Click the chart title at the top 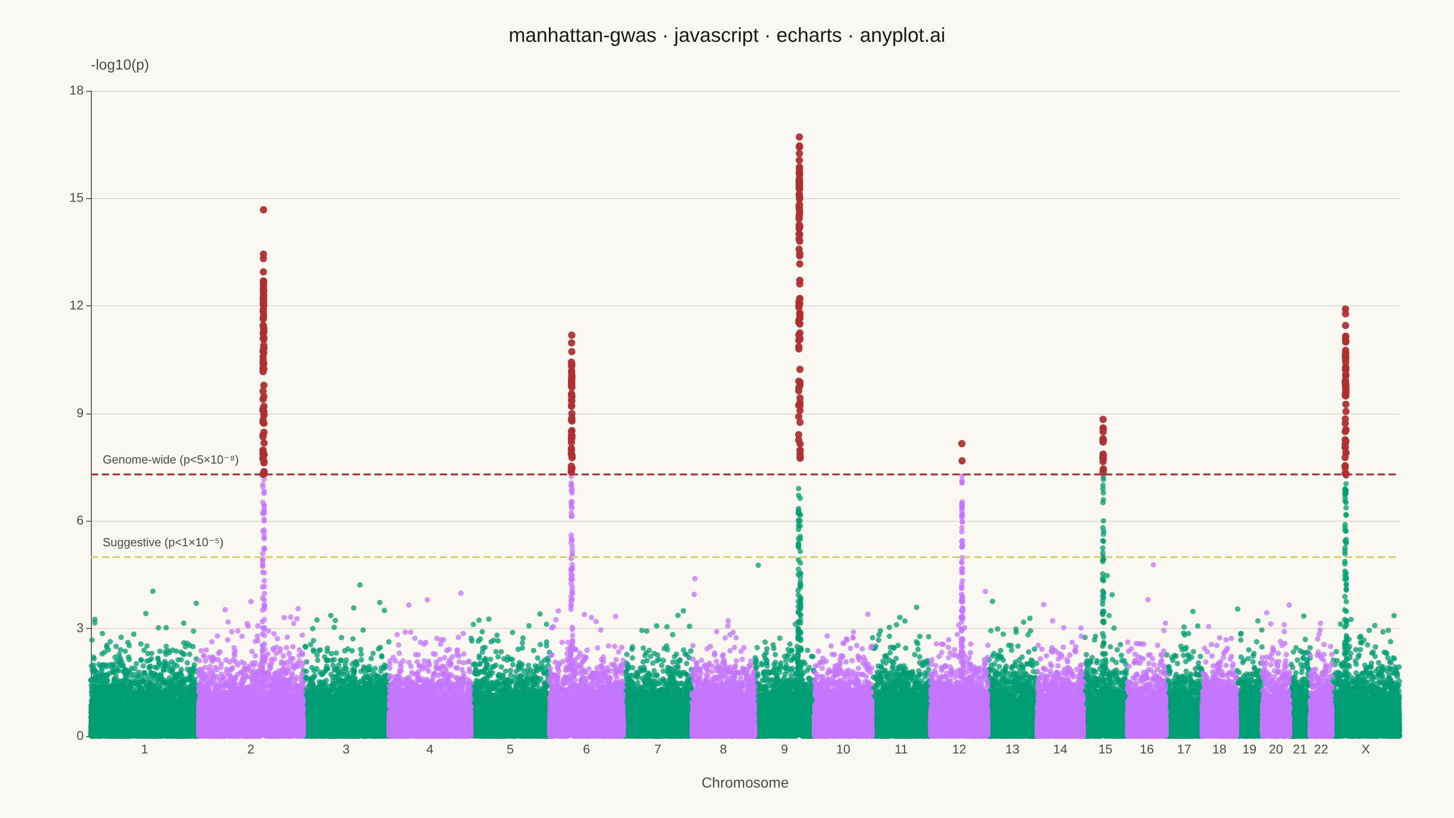(x=727, y=35)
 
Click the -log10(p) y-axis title (x=120, y=65)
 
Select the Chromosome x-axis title (x=745, y=783)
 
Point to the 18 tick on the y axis (x=76, y=91)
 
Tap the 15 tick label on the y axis (x=76, y=198)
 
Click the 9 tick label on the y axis (x=80, y=413)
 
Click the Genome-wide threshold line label (x=170, y=459)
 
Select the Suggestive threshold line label (x=163, y=543)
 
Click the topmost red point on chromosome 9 (x=799, y=137)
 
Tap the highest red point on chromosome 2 (x=264, y=210)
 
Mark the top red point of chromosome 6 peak (x=572, y=335)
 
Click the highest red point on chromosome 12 (x=962, y=444)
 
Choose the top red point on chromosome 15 (x=1103, y=419)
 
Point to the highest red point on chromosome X (x=1345, y=309)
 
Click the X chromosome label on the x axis (x=1365, y=749)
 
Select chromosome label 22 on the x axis (x=1321, y=749)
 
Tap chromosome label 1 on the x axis (x=144, y=749)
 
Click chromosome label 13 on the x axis (x=1012, y=749)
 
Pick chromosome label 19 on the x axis (x=1249, y=749)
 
